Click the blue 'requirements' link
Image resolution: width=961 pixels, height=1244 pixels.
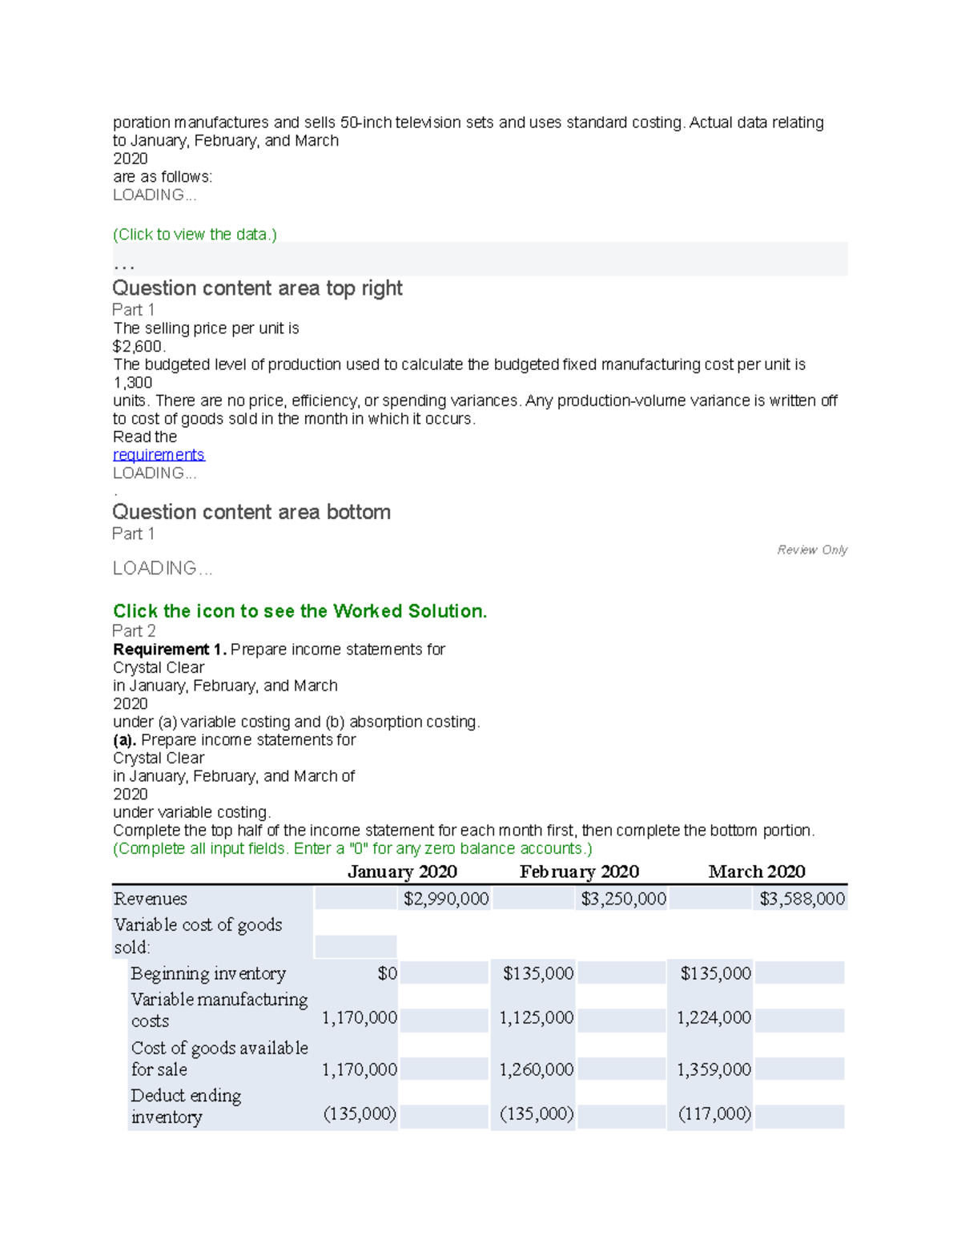pos(159,455)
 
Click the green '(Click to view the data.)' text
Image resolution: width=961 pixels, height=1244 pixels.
pos(195,235)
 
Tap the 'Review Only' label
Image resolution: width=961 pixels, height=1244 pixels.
pos(811,550)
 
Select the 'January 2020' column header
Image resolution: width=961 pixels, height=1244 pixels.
pos(402,872)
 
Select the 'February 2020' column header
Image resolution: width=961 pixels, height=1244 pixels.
pos(579,872)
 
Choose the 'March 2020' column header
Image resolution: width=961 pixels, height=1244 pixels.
pos(757,872)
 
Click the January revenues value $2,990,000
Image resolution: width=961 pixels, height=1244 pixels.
pos(446,899)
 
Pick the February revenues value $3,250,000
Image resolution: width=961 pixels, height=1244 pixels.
pos(623,899)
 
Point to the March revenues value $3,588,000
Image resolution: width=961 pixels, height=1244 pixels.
pos(802,899)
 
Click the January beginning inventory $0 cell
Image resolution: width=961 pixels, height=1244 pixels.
pos(387,973)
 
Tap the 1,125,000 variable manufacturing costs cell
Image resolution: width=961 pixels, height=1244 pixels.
pos(536,1018)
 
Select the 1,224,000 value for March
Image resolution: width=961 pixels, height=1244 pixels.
pos(714,1018)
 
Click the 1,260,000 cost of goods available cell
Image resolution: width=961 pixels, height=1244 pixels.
pos(536,1069)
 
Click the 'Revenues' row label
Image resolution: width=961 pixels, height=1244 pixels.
pos(151,899)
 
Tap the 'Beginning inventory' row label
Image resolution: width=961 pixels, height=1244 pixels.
pos(208,973)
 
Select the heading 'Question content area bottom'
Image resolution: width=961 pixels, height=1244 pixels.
pos(251,512)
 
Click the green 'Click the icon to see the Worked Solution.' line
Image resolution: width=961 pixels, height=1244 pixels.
pos(300,611)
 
